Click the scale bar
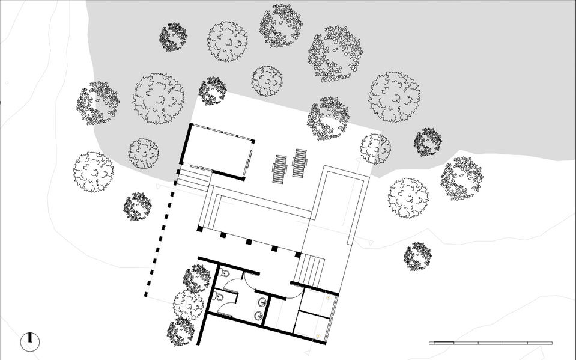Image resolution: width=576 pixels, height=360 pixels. point(491,343)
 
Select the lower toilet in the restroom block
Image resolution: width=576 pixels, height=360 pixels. point(219,297)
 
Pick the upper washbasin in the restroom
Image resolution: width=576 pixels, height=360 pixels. point(262,301)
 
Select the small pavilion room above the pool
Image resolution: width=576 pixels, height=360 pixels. point(218,150)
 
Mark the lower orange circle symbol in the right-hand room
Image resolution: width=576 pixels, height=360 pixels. point(317,334)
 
